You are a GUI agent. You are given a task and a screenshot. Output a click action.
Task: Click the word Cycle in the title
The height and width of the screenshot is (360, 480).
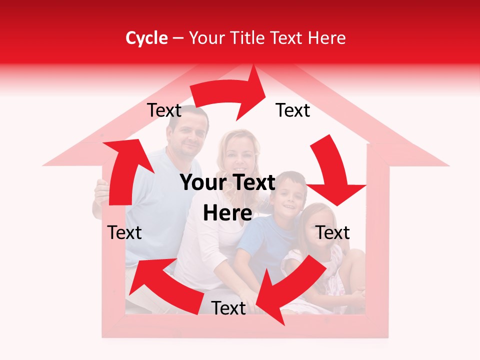tap(146, 38)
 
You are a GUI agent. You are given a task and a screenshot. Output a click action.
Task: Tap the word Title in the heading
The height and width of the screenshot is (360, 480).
tap(248, 38)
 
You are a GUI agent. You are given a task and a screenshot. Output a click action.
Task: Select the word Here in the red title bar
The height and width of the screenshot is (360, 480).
tap(326, 38)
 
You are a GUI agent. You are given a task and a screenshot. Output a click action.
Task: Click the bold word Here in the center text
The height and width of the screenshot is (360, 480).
tap(227, 213)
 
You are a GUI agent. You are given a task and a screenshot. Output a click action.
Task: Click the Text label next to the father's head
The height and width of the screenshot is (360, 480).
tap(164, 110)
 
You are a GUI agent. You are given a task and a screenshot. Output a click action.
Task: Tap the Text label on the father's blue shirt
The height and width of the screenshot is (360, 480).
tap(124, 232)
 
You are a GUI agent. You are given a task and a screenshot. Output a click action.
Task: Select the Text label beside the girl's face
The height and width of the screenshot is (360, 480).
tap(332, 232)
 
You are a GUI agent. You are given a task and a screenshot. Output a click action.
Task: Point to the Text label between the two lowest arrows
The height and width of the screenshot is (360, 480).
tap(228, 308)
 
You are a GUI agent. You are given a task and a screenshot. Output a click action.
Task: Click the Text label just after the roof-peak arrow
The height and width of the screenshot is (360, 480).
tap(293, 110)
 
